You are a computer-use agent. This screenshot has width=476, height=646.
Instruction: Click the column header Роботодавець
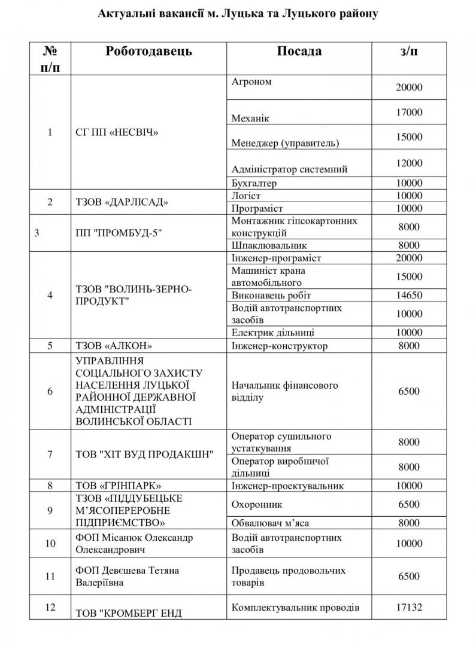pyautogui.click(x=149, y=51)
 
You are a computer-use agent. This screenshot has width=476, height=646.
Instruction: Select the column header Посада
pyautogui.click(x=299, y=51)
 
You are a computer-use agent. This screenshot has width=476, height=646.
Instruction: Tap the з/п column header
pyautogui.click(x=409, y=51)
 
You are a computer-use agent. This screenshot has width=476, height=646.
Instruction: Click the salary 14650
pyautogui.click(x=409, y=295)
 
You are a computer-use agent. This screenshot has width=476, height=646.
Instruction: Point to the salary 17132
pyautogui.click(x=409, y=608)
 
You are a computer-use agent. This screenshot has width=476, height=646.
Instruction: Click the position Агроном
pyautogui.click(x=251, y=82)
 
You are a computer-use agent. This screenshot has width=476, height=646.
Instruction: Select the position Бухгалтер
pyautogui.click(x=254, y=183)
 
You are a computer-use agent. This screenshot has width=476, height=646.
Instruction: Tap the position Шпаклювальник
pyautogui.click(x=260, y=245)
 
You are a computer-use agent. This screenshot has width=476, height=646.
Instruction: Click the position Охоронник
pyautogui.click(x=256, y=504)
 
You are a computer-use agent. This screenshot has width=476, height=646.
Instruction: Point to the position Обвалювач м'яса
pyautogui.click(x=270, y=523)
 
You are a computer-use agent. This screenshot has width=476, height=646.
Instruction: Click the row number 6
pyautogui.click(x=50, y=392)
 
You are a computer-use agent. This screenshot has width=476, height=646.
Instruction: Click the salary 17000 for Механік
pyautogui.click(x=409, y=112)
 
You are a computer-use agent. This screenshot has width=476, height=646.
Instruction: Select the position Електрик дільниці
pyautogui.click(x=272, y=333)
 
